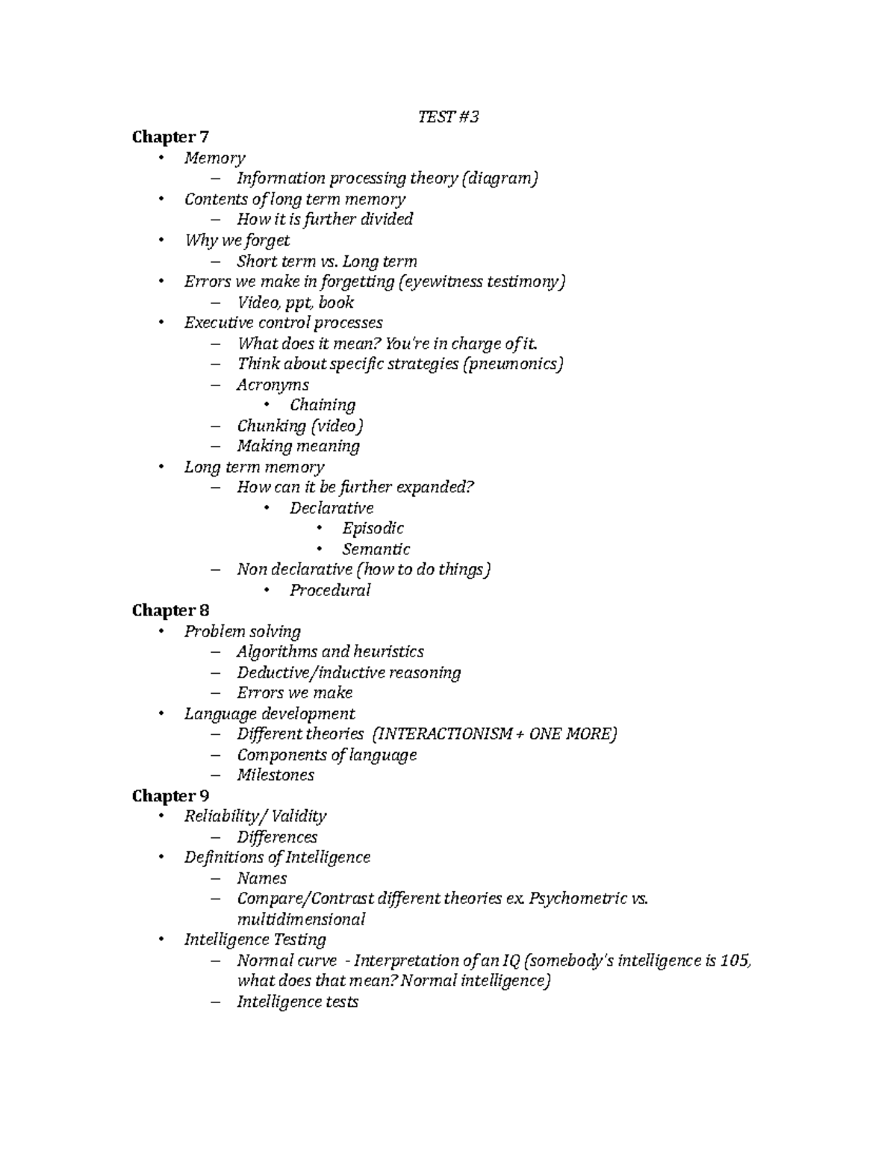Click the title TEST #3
[x=447, y=117]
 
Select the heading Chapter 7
[x=169, y=137]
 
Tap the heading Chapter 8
[x=169, y=610]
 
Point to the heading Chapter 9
[x=169, y=795]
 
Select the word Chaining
[x=322, y=405]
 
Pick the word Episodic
[x=373, y=528]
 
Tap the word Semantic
[x=376, y=549]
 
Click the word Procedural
[x=329, y=590]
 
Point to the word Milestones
[x=275, y=775]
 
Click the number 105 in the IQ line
[x=735, y=961]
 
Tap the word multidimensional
[x=300, y=919]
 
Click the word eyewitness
[x=444, y=282]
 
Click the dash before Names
[x=217, y=878]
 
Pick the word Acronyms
[x=273, y=385]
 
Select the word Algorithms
[x=276, y=651]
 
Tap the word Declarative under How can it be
[x=331, y=508]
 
